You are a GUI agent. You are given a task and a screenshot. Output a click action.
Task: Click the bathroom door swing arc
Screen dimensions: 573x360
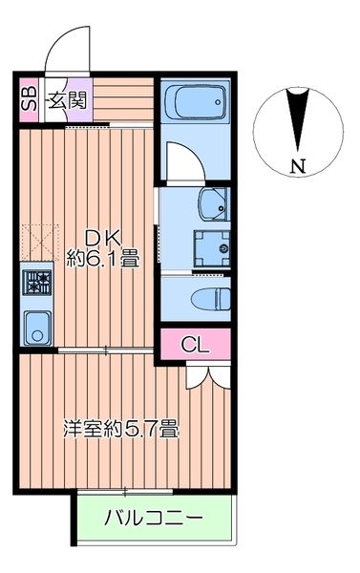pyautogui.click(x=181, y=160)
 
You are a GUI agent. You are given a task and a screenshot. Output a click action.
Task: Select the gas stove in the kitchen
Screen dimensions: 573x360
pyautogui.click(x=38, y=283)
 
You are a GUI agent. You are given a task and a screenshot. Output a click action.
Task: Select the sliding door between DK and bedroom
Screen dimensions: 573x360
pyautogui.click(x=105, y=352)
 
